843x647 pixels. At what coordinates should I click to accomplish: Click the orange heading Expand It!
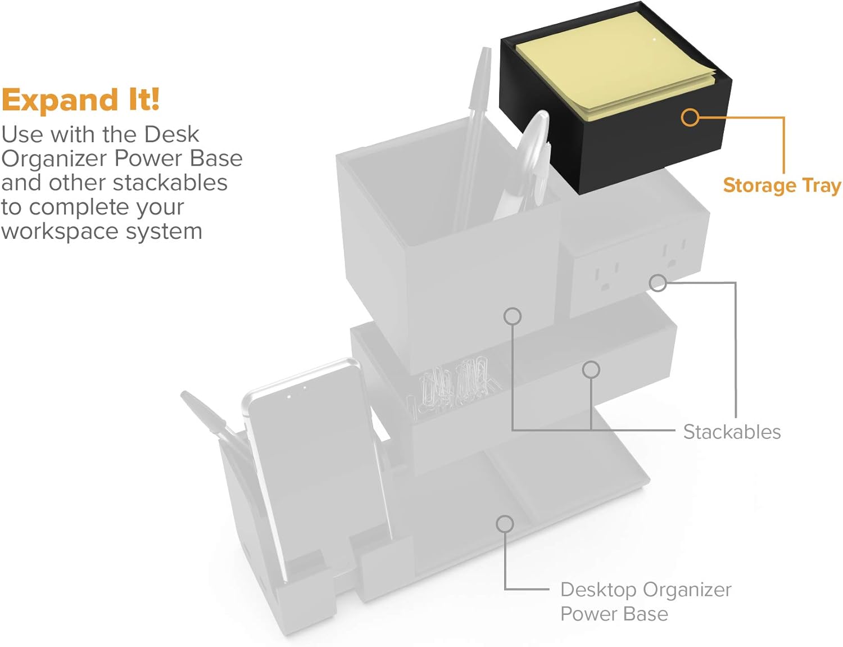(x=80, y=100)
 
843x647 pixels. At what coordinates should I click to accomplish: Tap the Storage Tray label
(x=781, y=185)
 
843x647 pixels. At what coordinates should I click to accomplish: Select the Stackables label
(x=732, y=432)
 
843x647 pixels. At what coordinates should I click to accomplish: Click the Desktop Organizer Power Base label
(x=645, y=601)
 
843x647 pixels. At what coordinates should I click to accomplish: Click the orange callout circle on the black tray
(x=690, y=117)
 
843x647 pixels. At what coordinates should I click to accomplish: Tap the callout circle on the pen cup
(x=512, y=316)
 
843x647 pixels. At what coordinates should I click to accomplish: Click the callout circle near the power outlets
(x=658, y=283)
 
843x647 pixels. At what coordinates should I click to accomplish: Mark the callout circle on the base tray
(x=505, y=524)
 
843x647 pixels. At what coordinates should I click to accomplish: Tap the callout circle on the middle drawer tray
(x=591, y=369)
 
